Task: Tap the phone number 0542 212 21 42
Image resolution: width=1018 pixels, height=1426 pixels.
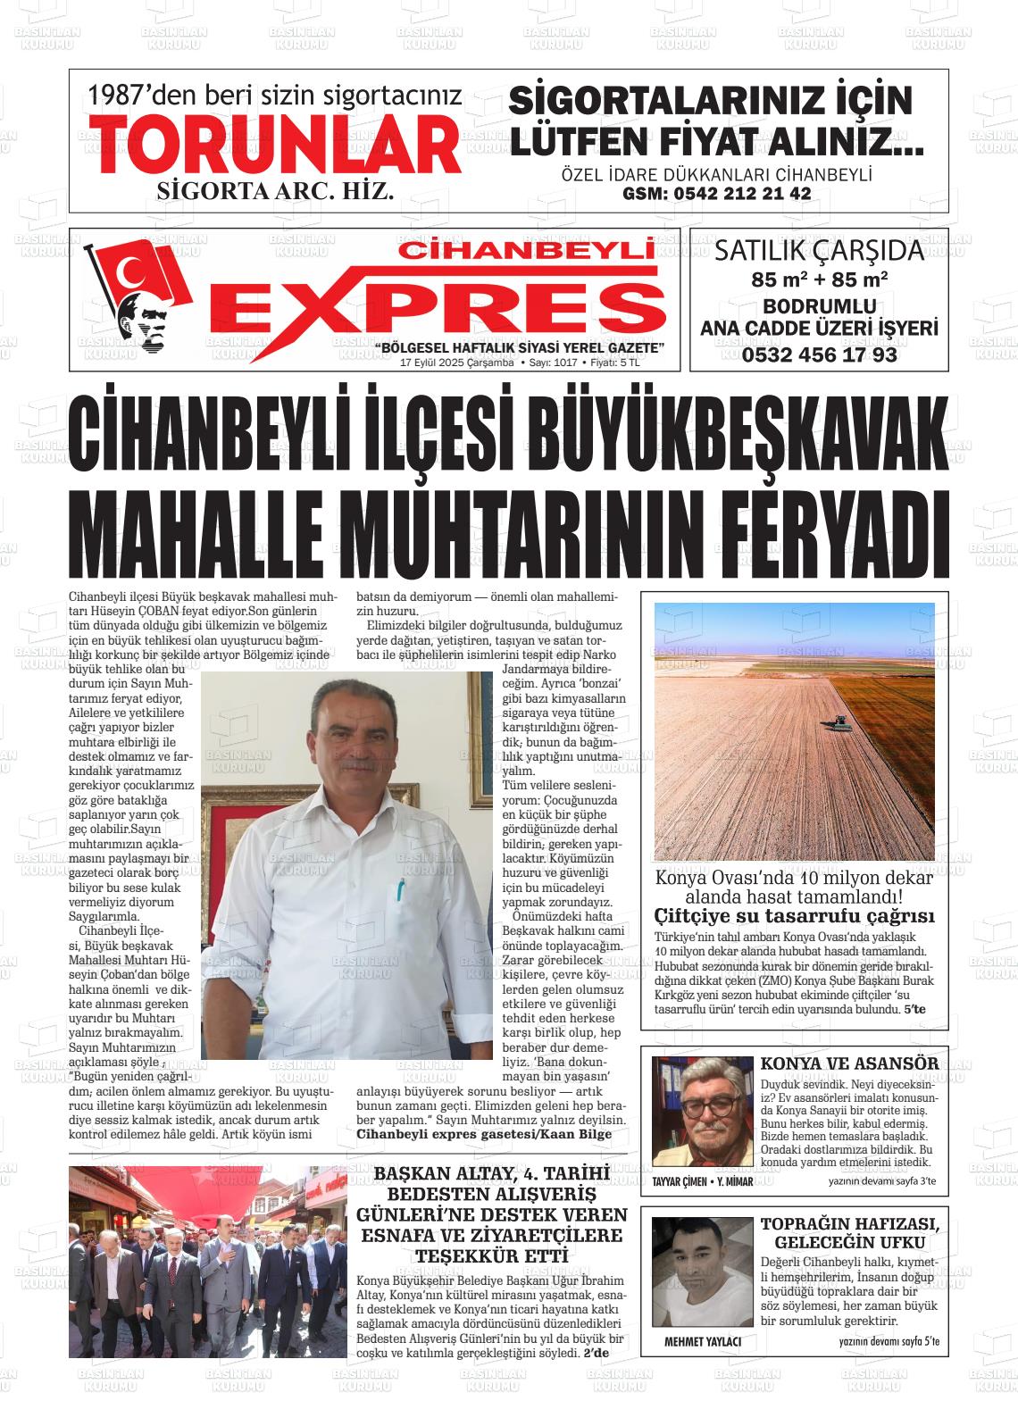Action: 717,194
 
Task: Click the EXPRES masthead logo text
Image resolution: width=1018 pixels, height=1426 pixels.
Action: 442,306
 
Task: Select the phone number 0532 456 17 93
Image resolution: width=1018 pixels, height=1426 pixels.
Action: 819,354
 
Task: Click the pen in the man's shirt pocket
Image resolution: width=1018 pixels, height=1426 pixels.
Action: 401,889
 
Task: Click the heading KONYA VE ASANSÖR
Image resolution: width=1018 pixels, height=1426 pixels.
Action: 849,1063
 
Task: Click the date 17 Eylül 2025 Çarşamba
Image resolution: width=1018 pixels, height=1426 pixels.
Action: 456,363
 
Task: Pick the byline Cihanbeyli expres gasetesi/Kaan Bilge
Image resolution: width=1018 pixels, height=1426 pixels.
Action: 484,1134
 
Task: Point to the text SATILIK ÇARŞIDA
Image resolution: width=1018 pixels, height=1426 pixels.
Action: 819,251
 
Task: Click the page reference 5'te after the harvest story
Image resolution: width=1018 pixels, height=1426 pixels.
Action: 914,1009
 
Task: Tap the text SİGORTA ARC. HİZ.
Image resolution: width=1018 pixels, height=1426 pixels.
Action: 275,191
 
